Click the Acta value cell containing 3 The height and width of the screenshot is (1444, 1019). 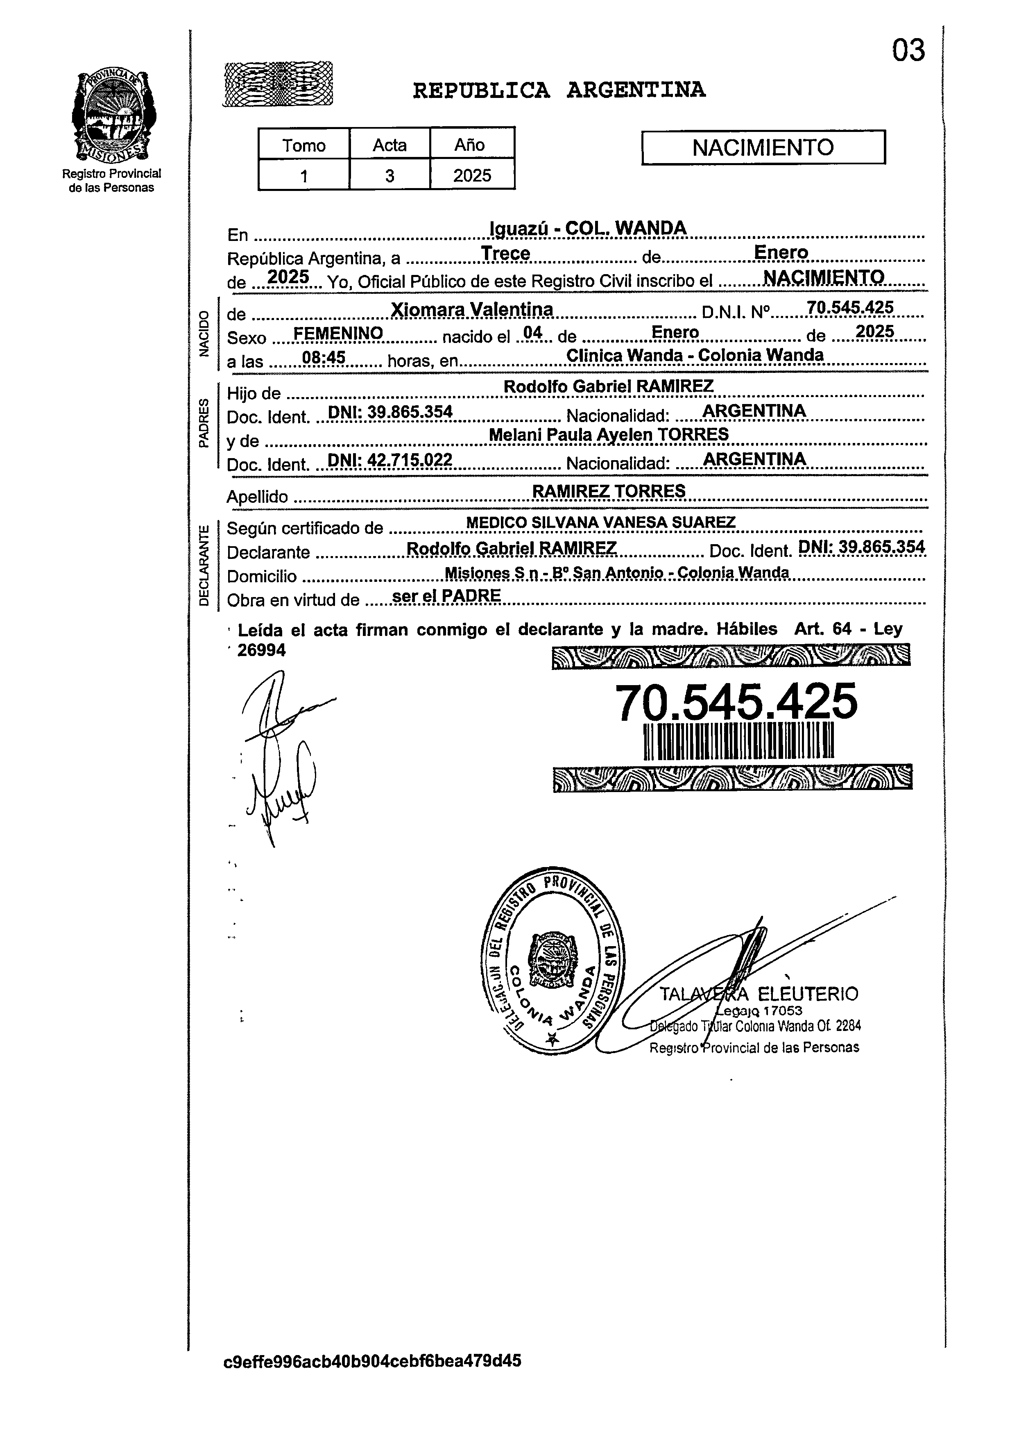(x=390, y=175)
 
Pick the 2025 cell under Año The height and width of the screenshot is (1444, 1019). (x=472, y=175)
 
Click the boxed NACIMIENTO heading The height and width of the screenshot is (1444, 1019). (x=763, y=147)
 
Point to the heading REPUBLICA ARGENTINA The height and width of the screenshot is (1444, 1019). (x=559, y=91)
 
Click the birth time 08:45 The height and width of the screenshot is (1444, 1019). (x=324, y=358)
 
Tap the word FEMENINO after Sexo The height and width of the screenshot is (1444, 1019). (x=338, y=333)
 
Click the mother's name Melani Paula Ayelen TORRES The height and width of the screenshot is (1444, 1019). (x=609, y=434)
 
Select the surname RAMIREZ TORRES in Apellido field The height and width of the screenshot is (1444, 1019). (x=609, y=490)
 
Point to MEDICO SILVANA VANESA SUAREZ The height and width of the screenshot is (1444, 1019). (x=600, y=522)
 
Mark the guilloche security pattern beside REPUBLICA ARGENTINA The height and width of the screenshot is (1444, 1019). (x=278, y=83)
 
